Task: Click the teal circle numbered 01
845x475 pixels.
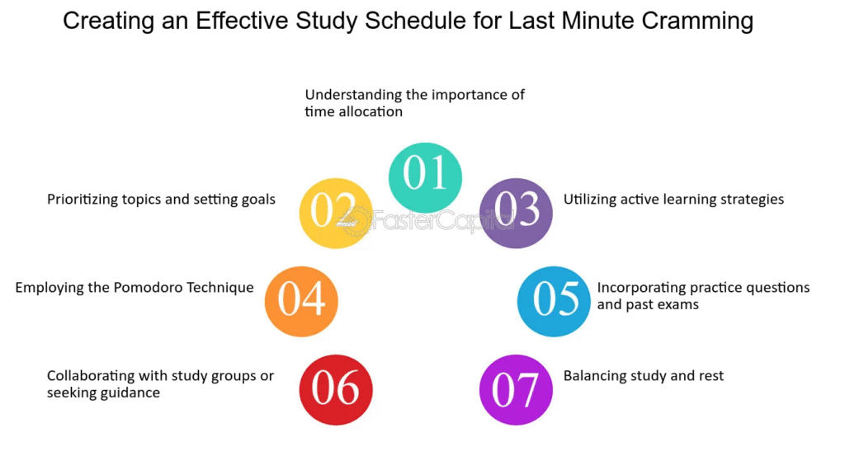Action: tap(425, 177)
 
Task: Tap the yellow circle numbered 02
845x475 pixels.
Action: tap(336, 214)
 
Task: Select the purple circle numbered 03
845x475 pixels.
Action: tap(516, 214)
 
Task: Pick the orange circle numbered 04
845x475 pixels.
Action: tap(301, 301)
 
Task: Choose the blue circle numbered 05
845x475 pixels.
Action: tap(554, 301)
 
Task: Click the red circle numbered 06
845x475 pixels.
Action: tap(336, 389)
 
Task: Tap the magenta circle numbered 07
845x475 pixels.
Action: tap(516, 389)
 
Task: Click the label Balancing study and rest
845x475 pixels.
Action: tap(644, 376)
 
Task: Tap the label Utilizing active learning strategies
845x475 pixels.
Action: tap(673, 200)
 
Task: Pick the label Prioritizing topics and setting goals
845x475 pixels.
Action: tap(161, 200)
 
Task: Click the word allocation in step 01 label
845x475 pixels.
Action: tap(371, 111)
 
